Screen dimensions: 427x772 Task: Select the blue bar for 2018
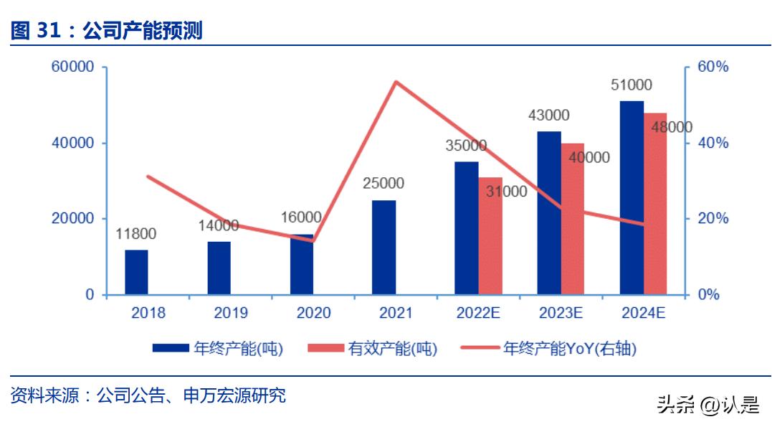coord(136,273)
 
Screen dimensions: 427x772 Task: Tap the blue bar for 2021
coord(383,248)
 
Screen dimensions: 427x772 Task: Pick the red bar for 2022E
coord(490,237)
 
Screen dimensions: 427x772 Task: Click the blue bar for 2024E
coord(632,198)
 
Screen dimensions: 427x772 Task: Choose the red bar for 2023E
coord(573,219)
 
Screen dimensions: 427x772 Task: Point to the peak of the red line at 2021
coord(396,82)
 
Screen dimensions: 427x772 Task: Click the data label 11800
coord(136,234)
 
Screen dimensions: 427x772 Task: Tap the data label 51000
coord(632,85)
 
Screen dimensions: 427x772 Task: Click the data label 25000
coord(383,184)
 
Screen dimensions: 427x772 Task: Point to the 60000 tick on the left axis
coord(72,67)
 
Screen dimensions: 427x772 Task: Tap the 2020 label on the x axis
coord(313,313)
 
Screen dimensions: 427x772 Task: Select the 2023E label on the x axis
coord(561,313)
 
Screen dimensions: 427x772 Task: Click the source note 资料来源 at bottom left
coord(148,395)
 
